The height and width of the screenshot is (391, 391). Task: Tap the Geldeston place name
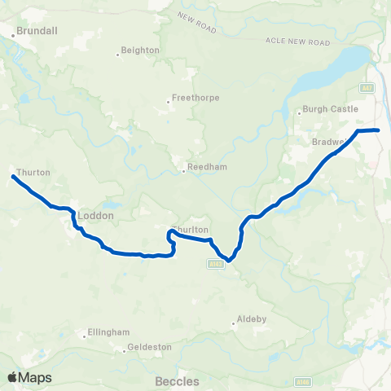tap(149, 347)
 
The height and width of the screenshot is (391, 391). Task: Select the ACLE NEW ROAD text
tap(297, 41)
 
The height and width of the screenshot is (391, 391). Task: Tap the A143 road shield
tap(214, 263)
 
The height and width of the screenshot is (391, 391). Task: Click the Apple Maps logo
tap(29, 377)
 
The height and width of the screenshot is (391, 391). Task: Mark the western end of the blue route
tap(13, 176)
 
